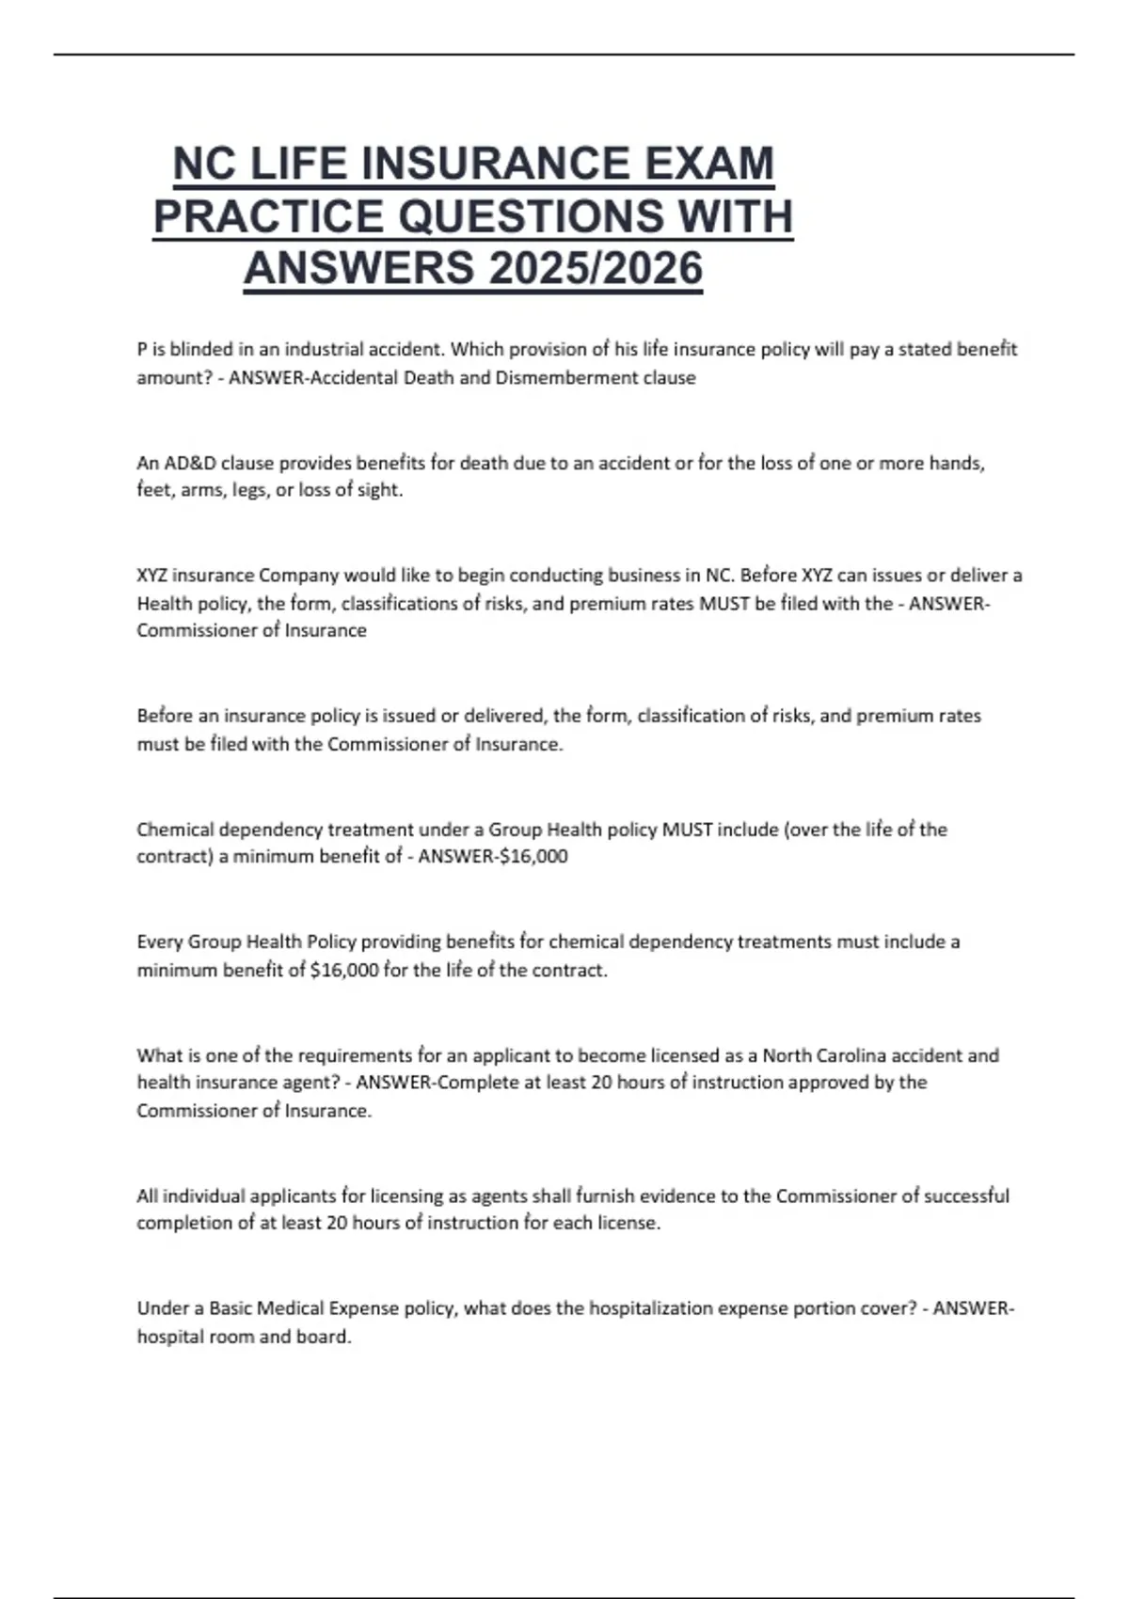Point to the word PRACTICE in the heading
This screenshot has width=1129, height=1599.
[269, 216]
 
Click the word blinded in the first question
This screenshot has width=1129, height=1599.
[200, 350]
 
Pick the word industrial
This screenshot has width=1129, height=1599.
[323, 350]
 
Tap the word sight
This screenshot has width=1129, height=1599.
[380, 490]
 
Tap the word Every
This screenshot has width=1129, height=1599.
[160, 942]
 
